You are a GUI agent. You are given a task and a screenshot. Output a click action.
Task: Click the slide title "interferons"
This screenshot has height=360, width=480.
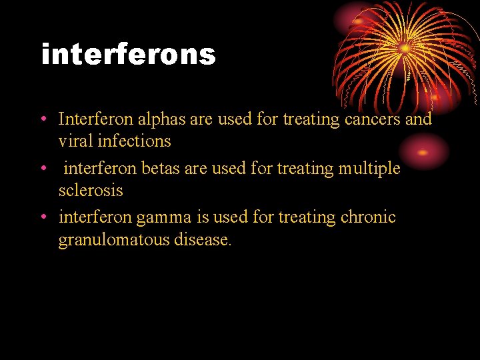(x=129, y=55)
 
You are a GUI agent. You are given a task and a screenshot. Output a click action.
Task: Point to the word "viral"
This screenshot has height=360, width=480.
(x=74, y=141)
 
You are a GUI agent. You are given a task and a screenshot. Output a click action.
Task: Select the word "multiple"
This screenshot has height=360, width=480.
(x=369, y=169)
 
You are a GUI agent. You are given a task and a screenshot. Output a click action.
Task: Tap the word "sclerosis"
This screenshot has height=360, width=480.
(x=91, y=191)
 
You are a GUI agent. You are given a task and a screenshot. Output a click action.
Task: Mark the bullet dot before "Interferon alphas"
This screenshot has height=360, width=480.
(x=42, y=120)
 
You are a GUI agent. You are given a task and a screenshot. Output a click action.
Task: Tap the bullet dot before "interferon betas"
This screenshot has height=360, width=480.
(x=42, y=169)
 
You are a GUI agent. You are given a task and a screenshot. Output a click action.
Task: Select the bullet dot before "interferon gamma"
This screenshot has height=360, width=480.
(x=42, y=218)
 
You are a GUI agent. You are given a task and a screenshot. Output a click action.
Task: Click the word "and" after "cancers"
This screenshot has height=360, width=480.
(x=419, y=119)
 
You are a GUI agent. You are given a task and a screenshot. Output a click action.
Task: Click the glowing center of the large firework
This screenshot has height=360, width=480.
(x=404, y=48)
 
